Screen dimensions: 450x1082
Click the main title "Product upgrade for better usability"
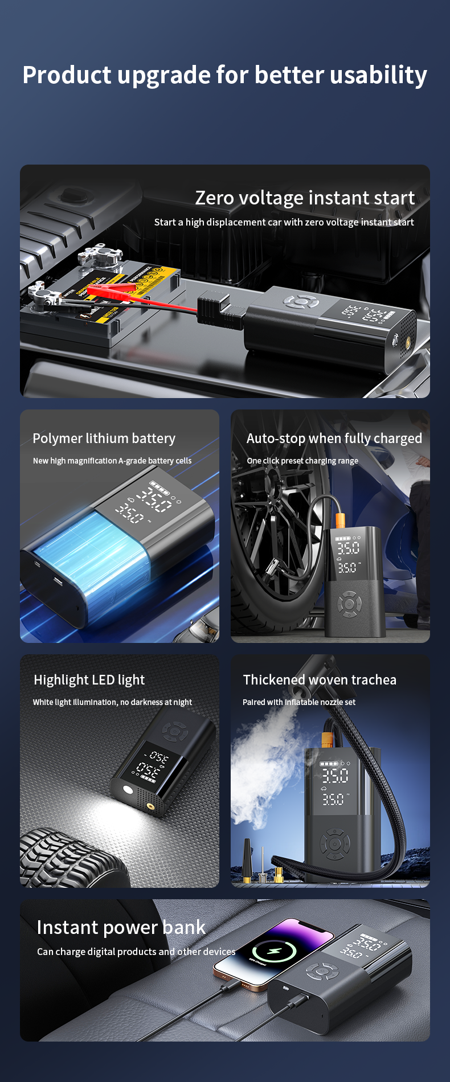pyautogui.click(x=224, y=75)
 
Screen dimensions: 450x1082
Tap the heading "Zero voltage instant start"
pyautogui.click(x=305, y=198)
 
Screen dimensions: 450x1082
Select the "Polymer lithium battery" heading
pyautogui.click(x=104, y=438)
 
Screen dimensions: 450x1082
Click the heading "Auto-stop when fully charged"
pyautogui.click(x=334, y=438)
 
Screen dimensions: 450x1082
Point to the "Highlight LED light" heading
pyautogui.click(x=89, y=680)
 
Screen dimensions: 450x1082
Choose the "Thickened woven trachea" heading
pyautogui.click(x=320, y=680)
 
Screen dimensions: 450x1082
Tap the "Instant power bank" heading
pyautogui.click(x=121, y=928)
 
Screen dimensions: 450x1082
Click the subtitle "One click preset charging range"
pyautogui.click(x=302, y=461)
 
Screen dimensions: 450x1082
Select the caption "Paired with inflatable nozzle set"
pyautogui.click(x=299, y=702)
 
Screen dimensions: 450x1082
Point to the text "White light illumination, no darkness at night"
pyautogui.click(x=112, y=702)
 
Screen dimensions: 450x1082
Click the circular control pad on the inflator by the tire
pyautogui.click(x=349, y=604)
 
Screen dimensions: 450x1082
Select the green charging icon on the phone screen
pyautogui.click(x=274, y=951)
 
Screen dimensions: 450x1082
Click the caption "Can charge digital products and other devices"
pyautogui.click(x=136, y=952)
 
